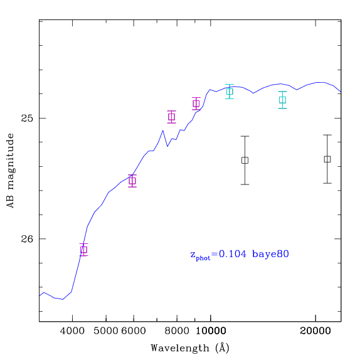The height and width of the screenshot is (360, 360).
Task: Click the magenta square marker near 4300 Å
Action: pyautogui.click(x=84, y=250)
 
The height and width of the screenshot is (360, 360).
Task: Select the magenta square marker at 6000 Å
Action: pyautogui.click(x=132, y=181)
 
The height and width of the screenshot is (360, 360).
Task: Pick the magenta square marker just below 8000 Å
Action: pyautogui.click(x=171, y=117)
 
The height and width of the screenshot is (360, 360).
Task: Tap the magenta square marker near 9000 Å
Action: pyautogui.click(x=196, y=103)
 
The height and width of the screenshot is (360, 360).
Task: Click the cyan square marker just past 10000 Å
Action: pyautogui.click(x=230, y=92)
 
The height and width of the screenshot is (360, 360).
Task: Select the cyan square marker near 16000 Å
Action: pyautogui.click(x=282, y=100)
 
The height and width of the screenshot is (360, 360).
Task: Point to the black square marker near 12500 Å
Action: pyautogui.click(x=245, y=161)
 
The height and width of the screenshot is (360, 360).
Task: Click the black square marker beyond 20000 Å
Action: pyautogui.click(x=327, y=159)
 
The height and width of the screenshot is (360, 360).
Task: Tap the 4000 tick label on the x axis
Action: pyautogui.click(x=72, y=331)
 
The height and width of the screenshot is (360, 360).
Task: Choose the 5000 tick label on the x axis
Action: pyautogui.click(x=106, y=331)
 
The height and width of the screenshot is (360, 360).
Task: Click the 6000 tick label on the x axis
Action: pyautogui.click(x=134, y=331)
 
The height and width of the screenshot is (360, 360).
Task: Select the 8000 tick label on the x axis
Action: pyautogui.click(x=177, y=331)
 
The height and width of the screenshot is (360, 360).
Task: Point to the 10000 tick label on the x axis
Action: pyautogui.click(x=211, y=331)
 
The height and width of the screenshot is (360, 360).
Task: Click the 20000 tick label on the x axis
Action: pyautogui.click(x=315, y=331)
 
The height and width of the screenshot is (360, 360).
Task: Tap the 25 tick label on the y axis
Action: pyautogui.click(x=27, y=119)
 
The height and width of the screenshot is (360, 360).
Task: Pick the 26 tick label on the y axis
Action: pyautogui.click(x=27, y=239)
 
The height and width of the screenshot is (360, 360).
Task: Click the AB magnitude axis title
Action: pyautogui.click(x=10, y=171)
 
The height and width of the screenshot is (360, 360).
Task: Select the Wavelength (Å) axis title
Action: pyautogui.click(x=190, y=348)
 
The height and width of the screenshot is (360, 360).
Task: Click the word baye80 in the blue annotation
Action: pyautogui.click(x=270, y=254)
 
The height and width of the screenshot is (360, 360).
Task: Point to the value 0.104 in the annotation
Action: pyautogui.click(x=233, y=254)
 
